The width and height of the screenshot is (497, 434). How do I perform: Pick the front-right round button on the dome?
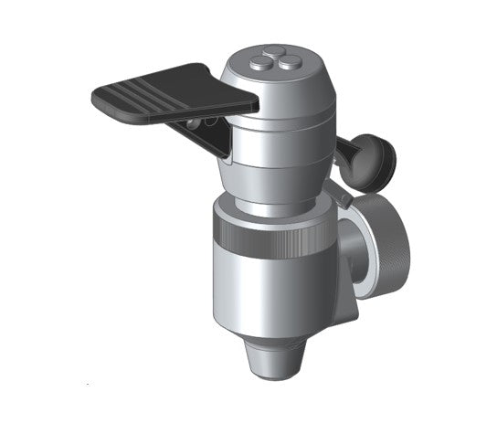pyautogui.click(x=285, y=64)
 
